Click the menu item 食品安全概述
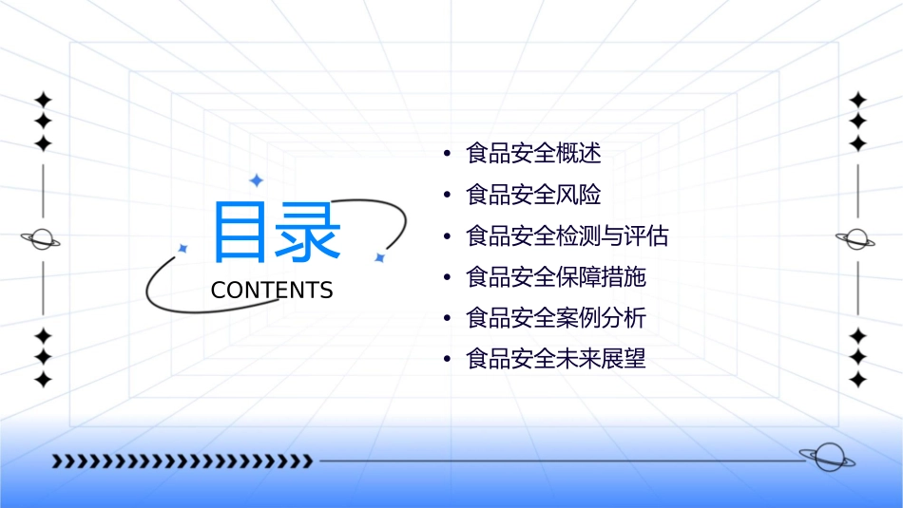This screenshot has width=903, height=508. (x=533, y=153)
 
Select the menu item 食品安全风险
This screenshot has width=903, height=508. (x=533, y=195)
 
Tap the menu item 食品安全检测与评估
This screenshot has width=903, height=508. (x=567, y=235)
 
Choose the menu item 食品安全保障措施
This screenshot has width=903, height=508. (x=556, y=277)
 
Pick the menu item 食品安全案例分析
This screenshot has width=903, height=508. (x=556, y=318)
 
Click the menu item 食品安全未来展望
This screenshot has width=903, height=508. (x=556, y=360)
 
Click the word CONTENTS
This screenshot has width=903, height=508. (x=272, y=291)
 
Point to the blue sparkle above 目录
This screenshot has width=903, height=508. (x=256, y=179)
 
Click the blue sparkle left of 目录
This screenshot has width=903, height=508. (x=183, y=248)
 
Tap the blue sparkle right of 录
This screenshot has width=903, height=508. (x=379, y=257)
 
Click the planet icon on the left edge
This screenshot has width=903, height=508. (x=42, y=239)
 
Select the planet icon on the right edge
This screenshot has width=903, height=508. (x=856, y=239)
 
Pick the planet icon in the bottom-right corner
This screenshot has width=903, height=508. (x=826, y=458)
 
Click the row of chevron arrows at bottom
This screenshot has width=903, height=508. (x=182, y=461)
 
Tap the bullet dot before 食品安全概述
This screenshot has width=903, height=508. (x=446, y=154)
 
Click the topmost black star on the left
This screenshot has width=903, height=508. (x=43, y=100)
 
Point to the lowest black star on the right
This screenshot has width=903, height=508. (x=858, y=380)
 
